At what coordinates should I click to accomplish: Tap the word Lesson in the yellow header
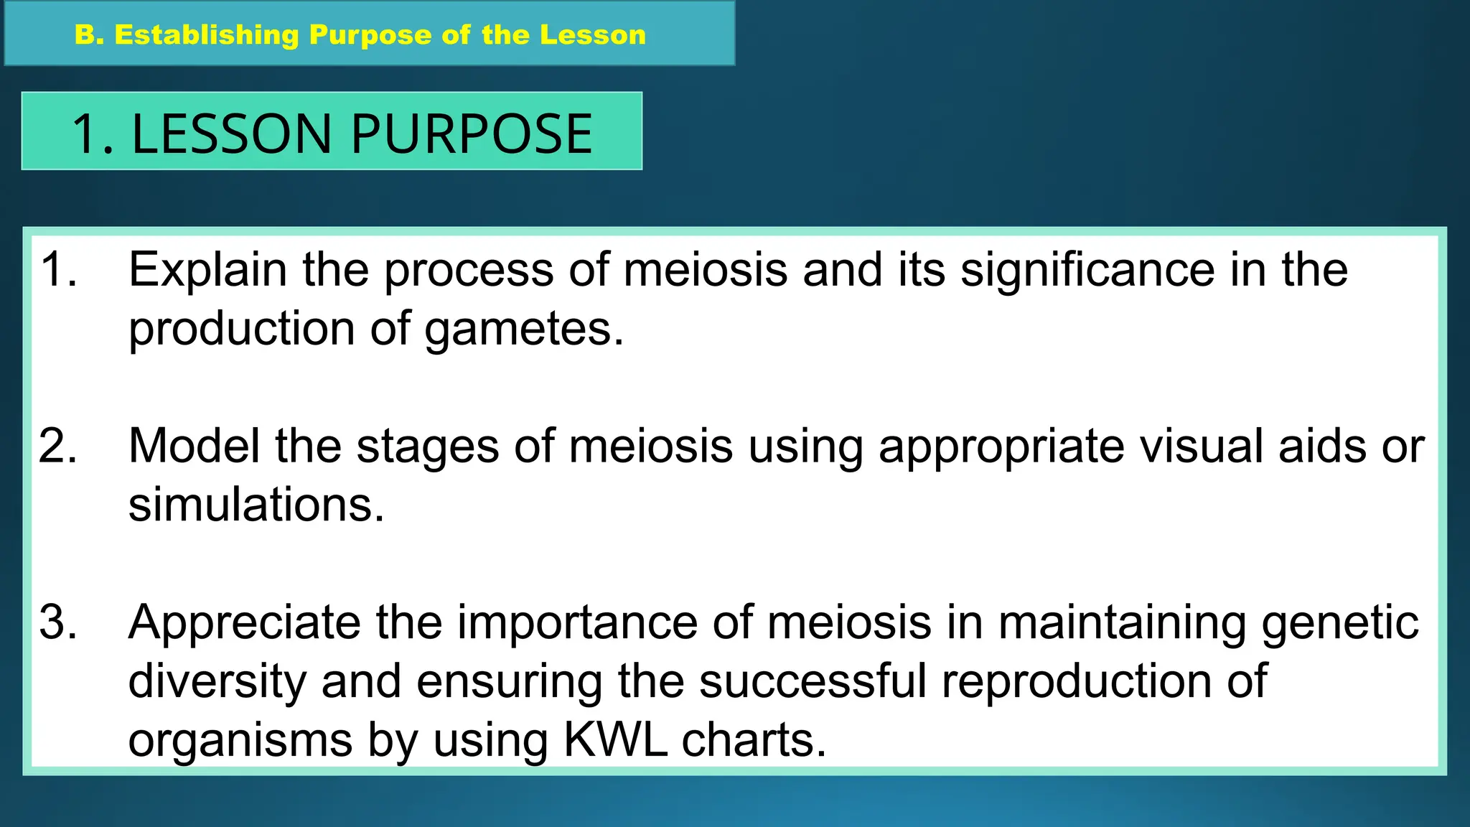[593, 35]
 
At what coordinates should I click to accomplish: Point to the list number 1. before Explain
[59, 270]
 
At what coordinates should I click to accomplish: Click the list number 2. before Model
[58, 446]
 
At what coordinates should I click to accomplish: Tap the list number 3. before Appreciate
[58, 622]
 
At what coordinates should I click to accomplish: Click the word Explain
[207, 271]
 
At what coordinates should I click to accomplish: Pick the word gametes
[524, 330]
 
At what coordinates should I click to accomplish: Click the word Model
[194, 446]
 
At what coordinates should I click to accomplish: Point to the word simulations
[256, 505]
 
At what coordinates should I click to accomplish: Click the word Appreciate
[244, 623]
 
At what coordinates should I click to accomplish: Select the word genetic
[1340, 623]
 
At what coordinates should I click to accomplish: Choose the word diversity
[217, 682]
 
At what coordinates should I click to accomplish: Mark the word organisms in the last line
[240, 741]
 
